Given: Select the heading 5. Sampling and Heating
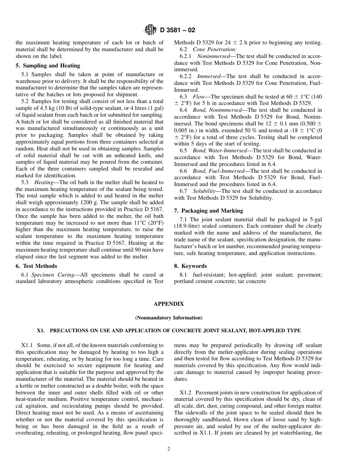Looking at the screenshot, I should pos(48,66).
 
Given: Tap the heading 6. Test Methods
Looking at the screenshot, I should pos(36,266).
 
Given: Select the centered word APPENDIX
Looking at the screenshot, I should pos(169,304).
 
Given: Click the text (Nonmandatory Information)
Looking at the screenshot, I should pos(169,318).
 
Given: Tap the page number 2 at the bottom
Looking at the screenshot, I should pos(169,449).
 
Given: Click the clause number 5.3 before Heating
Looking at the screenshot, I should pos(25,182).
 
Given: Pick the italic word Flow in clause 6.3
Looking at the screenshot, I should pos(199,97).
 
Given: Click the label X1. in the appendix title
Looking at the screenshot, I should pos(41,331).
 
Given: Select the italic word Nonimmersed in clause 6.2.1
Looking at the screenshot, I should pos(213,56).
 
